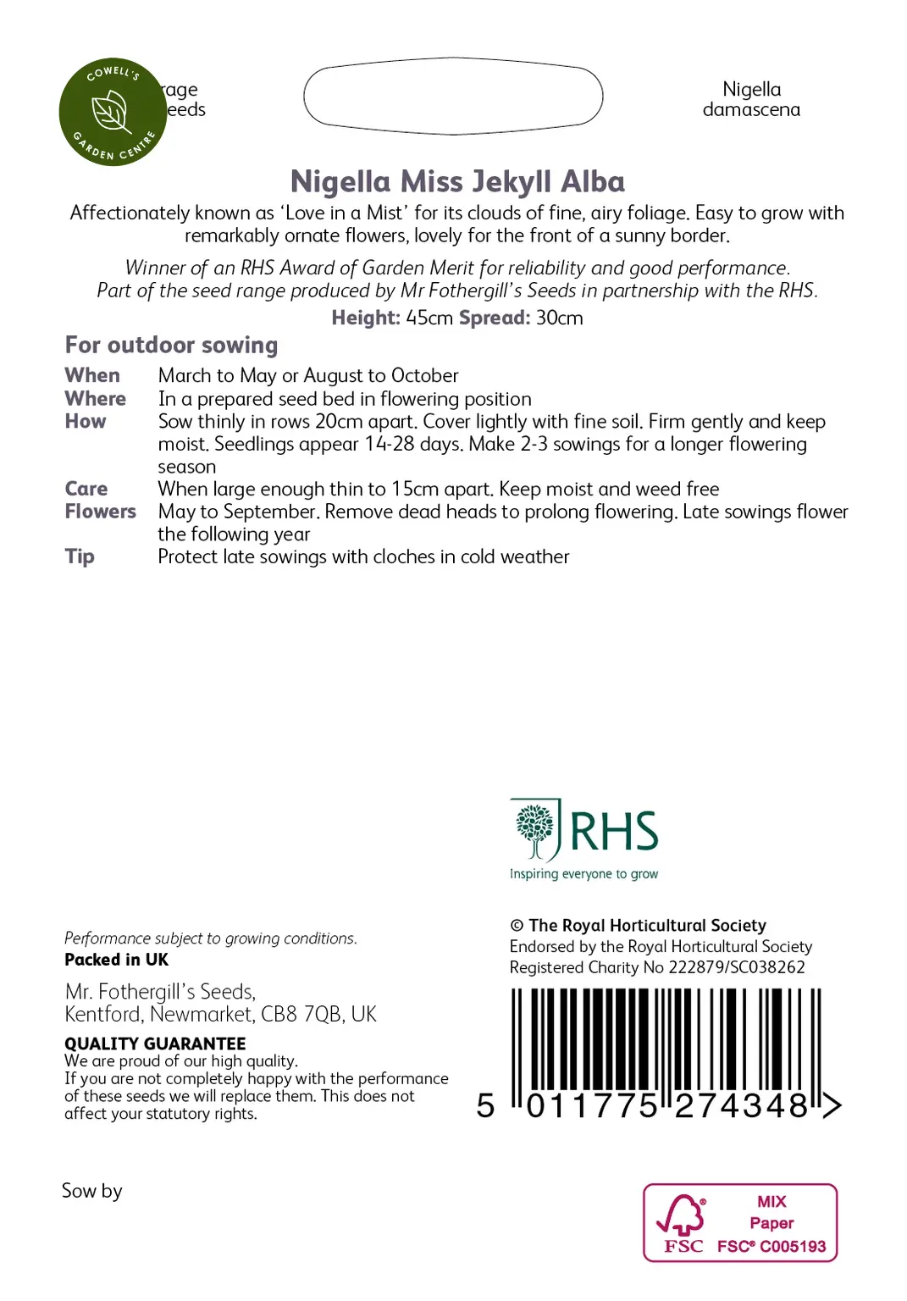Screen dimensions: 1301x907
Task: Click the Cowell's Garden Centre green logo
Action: pyautogui.click(x=113, y=112)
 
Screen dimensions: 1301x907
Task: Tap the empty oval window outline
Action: pyautogui.click(x=453, y=96)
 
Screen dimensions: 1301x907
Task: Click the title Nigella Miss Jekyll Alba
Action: pyautogui.click(x=457, y=182)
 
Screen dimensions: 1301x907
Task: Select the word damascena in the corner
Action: pyautogui.click(x=751, y=110)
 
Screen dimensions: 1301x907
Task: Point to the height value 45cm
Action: pyautogui.click(x=429, y=318)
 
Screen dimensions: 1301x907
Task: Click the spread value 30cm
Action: pyautogui.click(x=559, y=318)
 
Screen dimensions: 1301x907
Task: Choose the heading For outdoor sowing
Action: pyautogui.click(x=171, y=346)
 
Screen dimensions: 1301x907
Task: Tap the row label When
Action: pyautogui.click(x=92, y=375)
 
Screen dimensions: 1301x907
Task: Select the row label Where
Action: pyautogui.click(x=95, y=398)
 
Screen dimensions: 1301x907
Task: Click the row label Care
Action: pyautogui.click(x=86, y=489)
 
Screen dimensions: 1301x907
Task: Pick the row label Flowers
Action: pyautogui.click(x=100, y=512)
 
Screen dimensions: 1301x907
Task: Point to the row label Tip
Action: pyautogui.click(x=80, y=556)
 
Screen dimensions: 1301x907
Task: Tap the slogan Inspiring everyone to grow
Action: pyautogui.click(x=583, y=874)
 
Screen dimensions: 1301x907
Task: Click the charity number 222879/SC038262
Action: pyautogui.click(x=737, y=967)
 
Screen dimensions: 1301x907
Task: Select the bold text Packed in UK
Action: pyautogui.click(x=116, y=960)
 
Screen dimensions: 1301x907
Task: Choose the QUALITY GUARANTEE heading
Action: pyautogui.click(x=155, y=1044)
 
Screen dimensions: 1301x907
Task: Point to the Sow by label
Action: pyautogui.click(x=91, y=1191)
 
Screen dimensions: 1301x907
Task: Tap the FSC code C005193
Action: pyautogui.click(x=793, y=1246)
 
